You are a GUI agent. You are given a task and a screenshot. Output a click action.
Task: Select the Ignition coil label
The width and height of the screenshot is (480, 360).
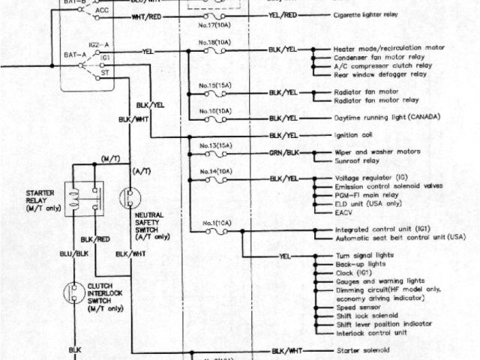point(355,136)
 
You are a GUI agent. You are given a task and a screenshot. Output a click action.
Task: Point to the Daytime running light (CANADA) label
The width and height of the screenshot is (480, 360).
point(386,118)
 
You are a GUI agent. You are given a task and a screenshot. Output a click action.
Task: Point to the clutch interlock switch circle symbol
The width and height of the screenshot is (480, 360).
point(75,292)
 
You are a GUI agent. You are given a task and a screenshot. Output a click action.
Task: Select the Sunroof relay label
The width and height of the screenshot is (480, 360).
point(358,160)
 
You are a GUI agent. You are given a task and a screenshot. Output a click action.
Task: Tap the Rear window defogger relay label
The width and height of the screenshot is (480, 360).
point(383,73)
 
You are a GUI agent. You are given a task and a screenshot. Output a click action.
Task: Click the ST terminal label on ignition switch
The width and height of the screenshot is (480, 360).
point(105,73)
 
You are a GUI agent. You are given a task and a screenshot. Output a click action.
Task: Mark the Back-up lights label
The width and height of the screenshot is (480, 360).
point(360,265)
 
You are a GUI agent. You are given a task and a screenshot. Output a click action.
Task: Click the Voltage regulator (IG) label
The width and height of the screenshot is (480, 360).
point(371,178)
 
